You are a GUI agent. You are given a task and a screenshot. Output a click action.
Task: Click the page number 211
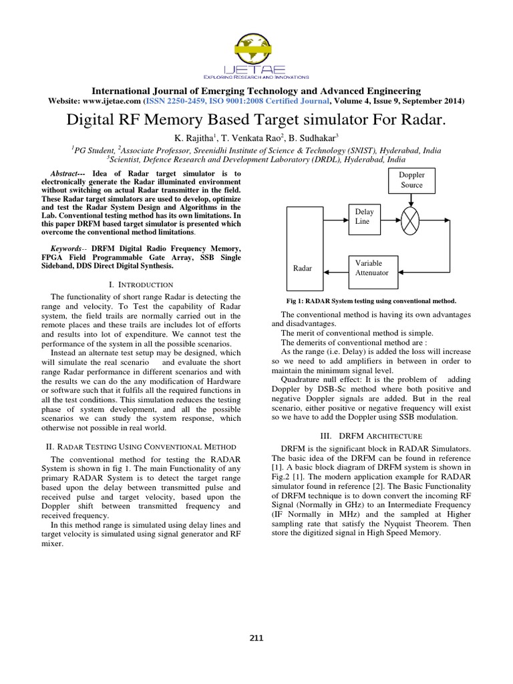tap(256, 638)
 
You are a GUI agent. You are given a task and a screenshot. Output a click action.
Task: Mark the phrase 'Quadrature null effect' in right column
tap(321, 379)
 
